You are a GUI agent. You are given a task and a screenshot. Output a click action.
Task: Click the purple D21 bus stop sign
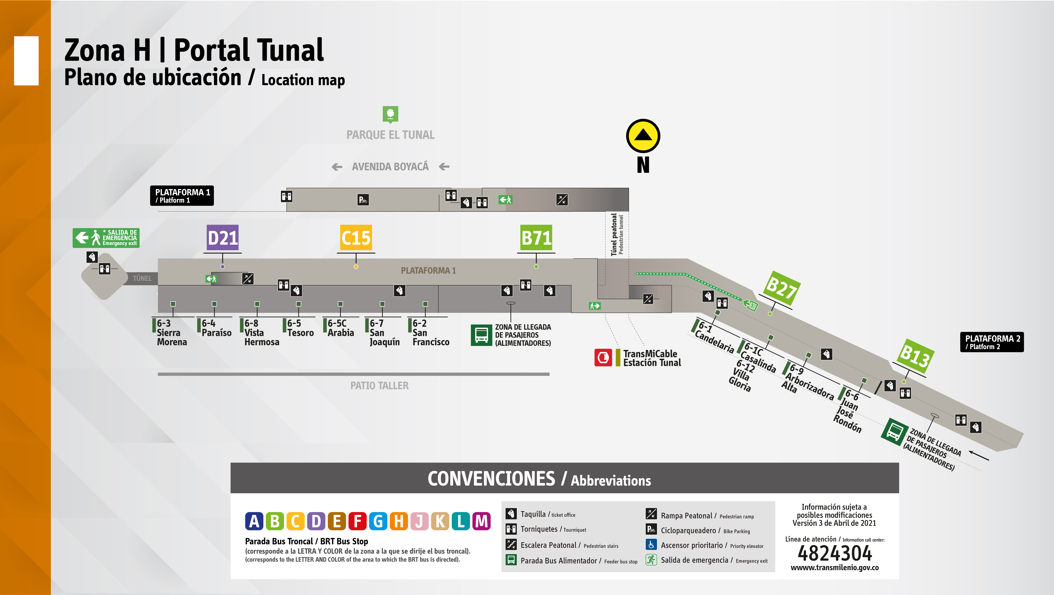223,237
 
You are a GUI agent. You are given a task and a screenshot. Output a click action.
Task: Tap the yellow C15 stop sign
356,237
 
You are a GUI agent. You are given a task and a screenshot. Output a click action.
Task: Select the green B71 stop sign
536,237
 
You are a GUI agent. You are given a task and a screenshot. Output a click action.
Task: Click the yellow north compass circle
643,136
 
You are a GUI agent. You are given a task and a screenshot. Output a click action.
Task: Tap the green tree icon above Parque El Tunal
390,114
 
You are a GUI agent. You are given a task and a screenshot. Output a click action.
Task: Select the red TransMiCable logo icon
603,358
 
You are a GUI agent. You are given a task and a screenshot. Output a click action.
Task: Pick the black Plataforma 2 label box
992,342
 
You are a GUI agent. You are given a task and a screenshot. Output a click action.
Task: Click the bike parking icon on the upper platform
363,200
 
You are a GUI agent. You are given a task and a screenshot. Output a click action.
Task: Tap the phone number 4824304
835,553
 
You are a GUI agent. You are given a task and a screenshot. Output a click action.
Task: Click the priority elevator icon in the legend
651,545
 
